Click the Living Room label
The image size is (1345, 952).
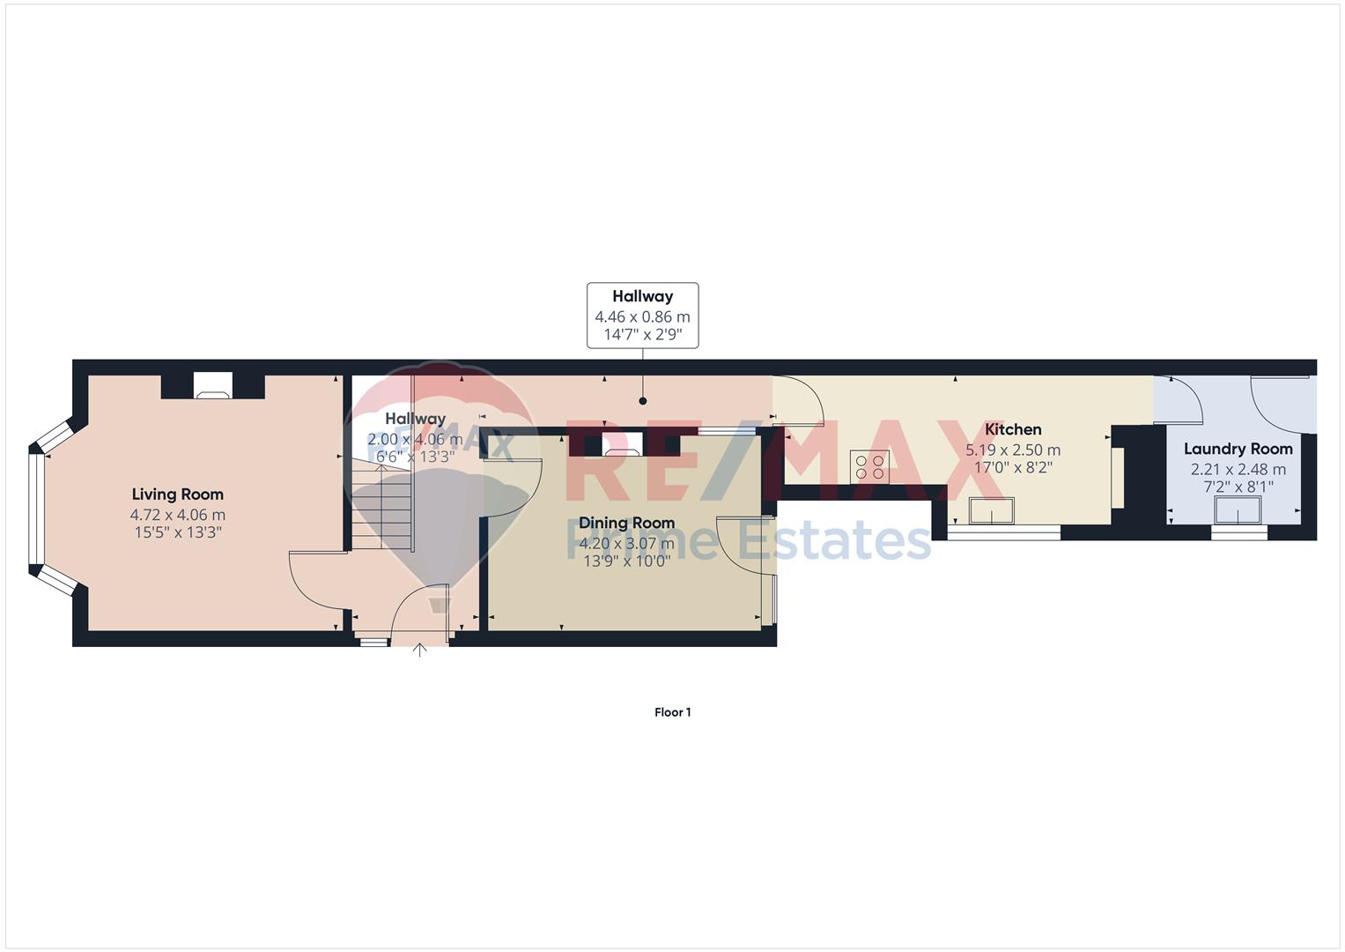178,495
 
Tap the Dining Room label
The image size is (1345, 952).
627,524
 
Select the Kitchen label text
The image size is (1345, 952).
1013,429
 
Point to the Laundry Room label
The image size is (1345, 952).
1238,449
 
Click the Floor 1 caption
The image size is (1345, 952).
673,712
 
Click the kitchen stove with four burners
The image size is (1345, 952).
869,467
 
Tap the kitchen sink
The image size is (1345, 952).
991,510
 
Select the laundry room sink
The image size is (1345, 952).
1238,510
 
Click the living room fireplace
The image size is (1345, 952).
213,385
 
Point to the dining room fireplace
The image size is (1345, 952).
624,444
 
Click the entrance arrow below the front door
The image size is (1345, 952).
420,651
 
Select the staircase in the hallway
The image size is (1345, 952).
382,506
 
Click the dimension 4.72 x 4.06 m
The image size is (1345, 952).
178,515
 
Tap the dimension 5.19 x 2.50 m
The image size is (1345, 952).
1013,450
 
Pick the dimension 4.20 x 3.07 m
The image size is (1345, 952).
627,543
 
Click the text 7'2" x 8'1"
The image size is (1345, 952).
1238,487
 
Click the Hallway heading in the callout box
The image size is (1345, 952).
642,296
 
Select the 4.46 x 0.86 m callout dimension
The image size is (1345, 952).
642,316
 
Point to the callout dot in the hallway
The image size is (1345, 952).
642,401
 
